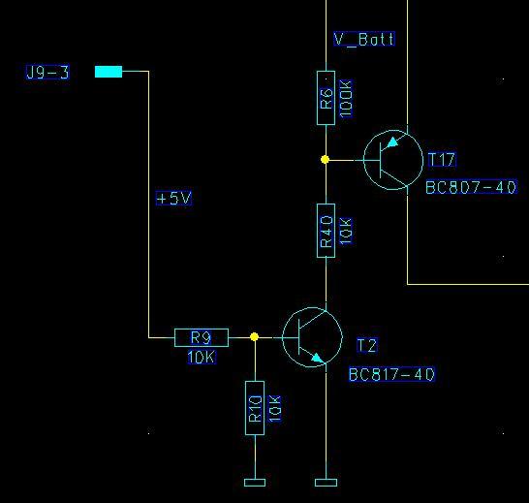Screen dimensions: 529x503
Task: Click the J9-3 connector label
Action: click(47, 73)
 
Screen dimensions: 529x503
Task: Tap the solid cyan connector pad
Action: click(109, 72)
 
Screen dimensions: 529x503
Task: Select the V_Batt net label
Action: click(364, 39)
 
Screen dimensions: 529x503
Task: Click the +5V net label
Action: click(173, 198)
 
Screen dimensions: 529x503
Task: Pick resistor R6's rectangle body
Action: click(326, 98)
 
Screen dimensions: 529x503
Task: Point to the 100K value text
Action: click(346, 99)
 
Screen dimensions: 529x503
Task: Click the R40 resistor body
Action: click(326, 231)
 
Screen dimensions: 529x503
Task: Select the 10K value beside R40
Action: click(346, 231)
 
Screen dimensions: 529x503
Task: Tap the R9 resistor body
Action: click(202, 337)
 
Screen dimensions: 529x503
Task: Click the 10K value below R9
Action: click(202, 358)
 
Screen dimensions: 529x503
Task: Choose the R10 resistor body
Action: click(255, 408)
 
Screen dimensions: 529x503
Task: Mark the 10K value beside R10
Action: click(275, 408)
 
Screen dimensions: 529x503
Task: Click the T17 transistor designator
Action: click(442, 159)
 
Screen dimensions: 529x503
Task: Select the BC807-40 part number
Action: click(471, 187)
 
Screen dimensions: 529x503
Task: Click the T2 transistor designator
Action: click(367, 345)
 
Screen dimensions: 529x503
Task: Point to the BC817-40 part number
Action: click(391, 374)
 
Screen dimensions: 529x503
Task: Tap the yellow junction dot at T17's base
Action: click(325, 159)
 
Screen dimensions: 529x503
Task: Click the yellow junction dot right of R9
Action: click(255, 337)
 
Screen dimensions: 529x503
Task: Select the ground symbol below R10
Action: click(255, 483)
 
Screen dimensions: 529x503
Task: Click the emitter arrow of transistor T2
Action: click(318, 359)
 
